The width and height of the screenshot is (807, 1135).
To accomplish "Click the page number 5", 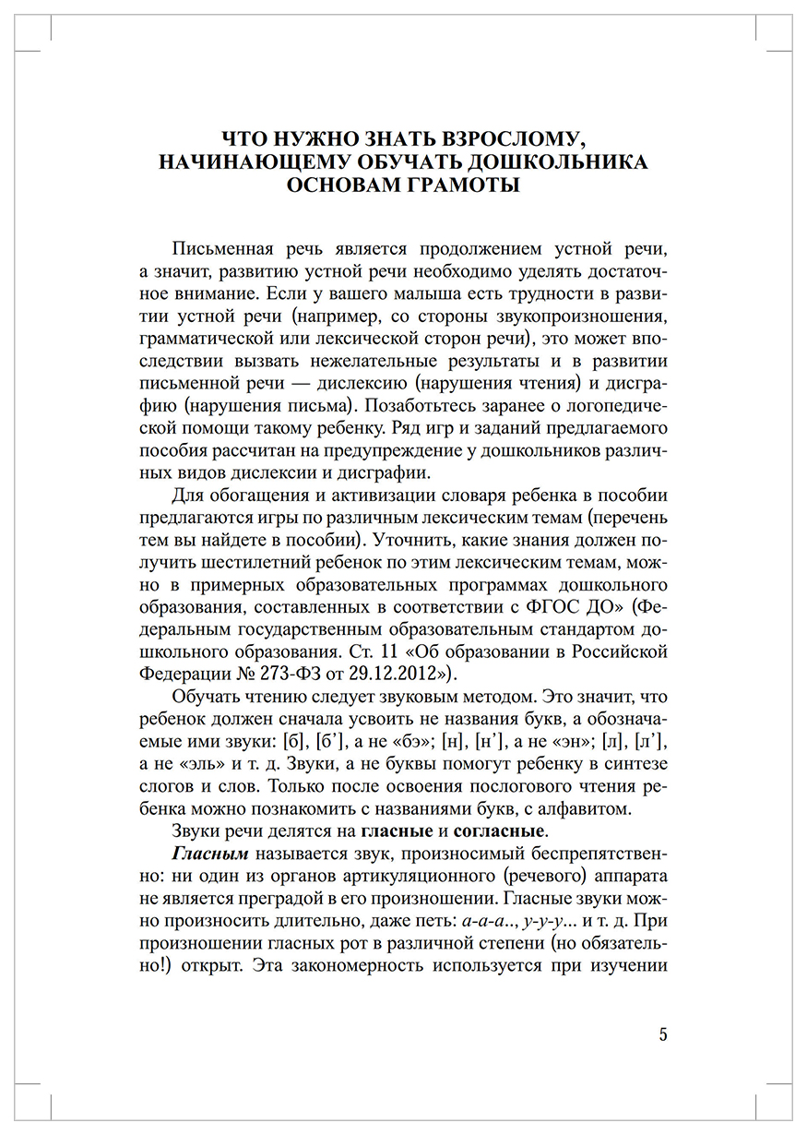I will click(x=663, y=1033).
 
